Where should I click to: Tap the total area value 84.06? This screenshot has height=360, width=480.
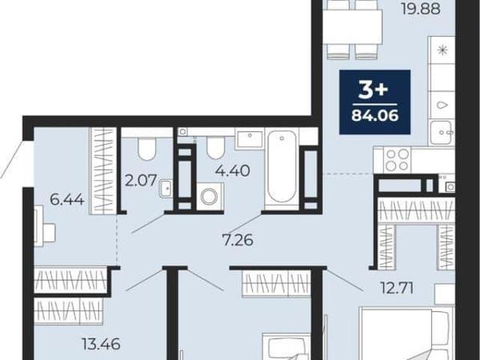[x=375, y=115]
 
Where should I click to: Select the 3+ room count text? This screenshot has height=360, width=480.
[x=373, y=90]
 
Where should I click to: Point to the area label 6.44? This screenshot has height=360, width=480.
[x=67, y=200]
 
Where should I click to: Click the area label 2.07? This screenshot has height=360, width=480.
[x=141, y=180]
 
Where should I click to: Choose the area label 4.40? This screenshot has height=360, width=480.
[x=232, y=170]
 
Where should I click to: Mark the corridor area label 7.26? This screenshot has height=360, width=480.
[x=238, y=240]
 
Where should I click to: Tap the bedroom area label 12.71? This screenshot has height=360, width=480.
[x=397, y=288]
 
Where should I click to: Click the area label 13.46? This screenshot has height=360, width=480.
[x=101, y=344]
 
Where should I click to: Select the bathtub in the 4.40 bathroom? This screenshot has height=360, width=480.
[x=282, y=169]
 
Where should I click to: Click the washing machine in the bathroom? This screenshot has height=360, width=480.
[x=210, y=196]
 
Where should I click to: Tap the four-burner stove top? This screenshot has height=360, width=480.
[x=397, y=160]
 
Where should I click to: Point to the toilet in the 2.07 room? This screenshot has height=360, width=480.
[x=147, y=148]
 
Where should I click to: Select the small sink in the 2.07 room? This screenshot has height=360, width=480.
[x=166, y=189]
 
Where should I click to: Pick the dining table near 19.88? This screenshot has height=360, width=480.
[x=352, y=27]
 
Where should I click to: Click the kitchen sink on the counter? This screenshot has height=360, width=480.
[x=441, y=133]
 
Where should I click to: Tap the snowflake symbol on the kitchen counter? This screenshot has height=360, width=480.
[x=442, y=50]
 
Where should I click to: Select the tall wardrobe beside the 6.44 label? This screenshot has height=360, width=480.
[x=103, y=170]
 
